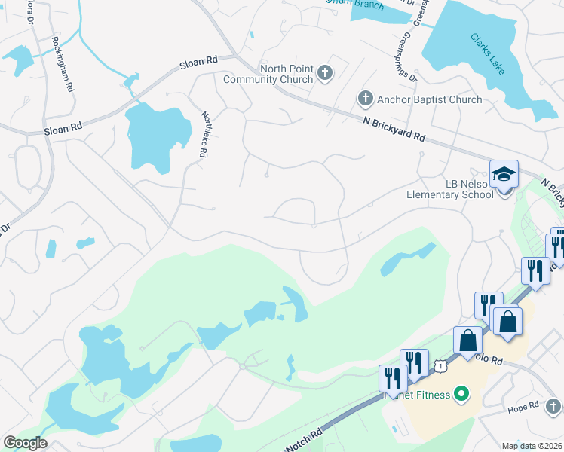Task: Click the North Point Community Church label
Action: [x=286, y=75]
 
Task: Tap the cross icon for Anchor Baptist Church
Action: [x=365, y=99]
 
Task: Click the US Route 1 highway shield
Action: [x=441, y=365]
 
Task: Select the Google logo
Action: [x=25, y=443]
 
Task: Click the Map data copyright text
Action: [x=532, y=446]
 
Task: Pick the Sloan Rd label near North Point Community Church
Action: [x=198, y=64]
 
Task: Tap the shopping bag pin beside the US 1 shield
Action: [x=467, y=341]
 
